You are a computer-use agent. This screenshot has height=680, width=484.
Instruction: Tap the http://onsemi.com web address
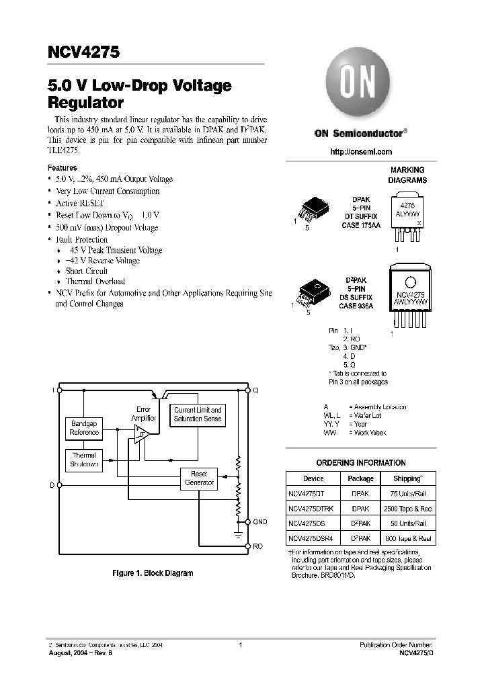360,153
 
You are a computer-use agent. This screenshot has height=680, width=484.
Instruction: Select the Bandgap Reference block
84,428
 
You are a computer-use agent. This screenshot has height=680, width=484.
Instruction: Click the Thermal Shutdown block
84,460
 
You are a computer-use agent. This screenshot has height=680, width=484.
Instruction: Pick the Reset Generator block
199,478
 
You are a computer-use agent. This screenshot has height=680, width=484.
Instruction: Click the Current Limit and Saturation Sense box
198,414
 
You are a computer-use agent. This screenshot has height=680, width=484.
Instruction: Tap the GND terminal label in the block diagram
260,521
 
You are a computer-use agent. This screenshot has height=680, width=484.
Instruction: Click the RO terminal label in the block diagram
257,546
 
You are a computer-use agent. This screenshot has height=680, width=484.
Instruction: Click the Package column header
360,478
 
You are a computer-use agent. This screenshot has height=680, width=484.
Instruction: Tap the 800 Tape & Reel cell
407,539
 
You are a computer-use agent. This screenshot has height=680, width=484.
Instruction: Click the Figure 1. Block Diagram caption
153,573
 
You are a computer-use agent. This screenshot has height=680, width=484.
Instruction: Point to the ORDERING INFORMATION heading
360,462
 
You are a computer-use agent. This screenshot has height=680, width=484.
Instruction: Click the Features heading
63,168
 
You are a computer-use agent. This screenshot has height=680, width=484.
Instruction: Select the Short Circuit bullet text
87,271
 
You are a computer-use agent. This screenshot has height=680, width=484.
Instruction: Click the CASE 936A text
356,306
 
